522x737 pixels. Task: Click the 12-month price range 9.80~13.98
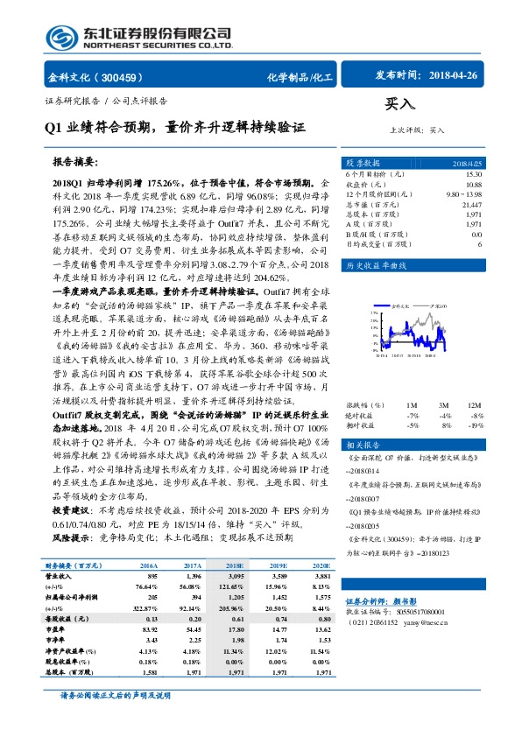click(464, 193)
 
